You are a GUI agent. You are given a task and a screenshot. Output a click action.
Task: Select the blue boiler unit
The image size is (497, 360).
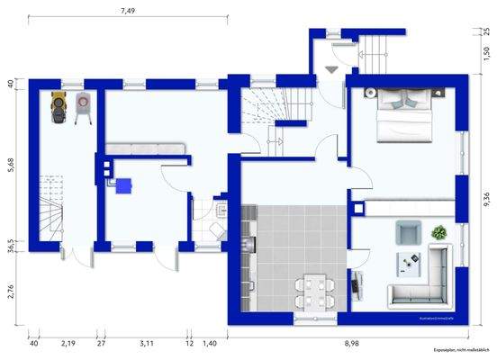click(122, 184)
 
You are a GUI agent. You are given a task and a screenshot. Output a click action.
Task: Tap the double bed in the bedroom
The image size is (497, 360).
click(402, 118)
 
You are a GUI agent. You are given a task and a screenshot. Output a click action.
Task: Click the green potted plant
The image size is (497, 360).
click(439, 231)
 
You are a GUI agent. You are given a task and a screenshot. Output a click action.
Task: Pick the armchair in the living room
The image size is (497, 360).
click(408, 233)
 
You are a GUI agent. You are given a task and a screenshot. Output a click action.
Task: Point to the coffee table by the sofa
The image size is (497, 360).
click(414, 263)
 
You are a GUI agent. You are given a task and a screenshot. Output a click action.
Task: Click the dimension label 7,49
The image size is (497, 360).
click(128, 11)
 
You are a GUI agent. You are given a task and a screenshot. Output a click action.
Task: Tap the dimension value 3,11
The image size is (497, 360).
click(146, 343)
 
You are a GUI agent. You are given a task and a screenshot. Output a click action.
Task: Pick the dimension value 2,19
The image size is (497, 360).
click(68, 343)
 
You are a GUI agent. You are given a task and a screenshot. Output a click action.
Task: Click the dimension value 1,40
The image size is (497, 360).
click(209, 343)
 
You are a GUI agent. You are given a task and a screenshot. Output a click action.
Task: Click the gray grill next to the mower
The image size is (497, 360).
click(86, 106)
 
